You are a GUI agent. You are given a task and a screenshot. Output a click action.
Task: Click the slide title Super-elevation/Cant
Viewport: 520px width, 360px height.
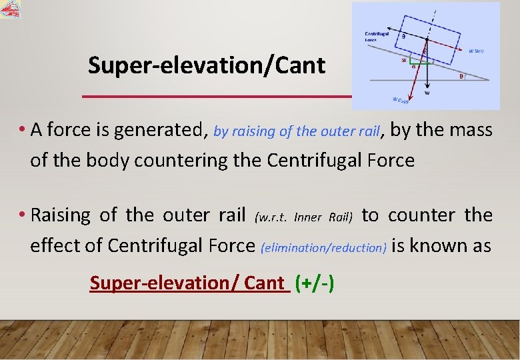click(207, 65)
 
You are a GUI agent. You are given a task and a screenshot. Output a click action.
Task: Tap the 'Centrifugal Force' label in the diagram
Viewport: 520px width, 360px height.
click(377, 36)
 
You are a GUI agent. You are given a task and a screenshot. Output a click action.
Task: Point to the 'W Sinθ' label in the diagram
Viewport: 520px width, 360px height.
click(476, 50)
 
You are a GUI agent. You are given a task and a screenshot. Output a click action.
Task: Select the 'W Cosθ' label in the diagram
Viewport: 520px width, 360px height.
click(401, 101)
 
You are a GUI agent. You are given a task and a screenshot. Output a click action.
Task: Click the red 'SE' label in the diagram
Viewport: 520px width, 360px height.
click(404, 60)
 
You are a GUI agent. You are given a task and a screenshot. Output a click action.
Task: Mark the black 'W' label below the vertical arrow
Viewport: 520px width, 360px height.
click(427, 94)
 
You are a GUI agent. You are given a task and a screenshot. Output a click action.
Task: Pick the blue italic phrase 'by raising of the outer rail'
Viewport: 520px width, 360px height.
click(296, 131)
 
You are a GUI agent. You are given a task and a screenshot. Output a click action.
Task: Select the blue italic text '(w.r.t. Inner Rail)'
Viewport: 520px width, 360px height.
click(303, 217)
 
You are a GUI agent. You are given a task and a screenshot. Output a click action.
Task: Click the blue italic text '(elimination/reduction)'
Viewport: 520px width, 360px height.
click(325, 247)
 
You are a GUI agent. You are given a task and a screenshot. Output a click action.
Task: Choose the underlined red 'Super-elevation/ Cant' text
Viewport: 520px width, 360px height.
click(189, 283)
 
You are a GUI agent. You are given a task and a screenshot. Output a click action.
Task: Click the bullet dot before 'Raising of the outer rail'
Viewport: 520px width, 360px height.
click(23, 215)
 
